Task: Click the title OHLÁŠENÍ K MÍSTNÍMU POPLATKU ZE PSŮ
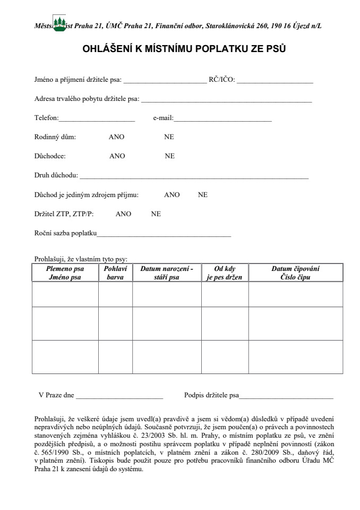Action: (x=180, y=49)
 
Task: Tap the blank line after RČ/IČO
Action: (x=275, y=81)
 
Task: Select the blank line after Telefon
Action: (x=97, y=118)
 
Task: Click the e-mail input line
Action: (x=223, y=118)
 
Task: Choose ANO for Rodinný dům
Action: (x=116, y=137)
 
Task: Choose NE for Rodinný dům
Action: (x=169, y=137)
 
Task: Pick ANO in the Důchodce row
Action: (x=117, y=156)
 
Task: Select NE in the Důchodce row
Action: (x=169, y=156)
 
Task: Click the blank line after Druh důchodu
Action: (x=194, y=176)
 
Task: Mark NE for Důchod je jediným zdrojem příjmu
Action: (x=203, y=195)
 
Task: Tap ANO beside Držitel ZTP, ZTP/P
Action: (x=123, y=214)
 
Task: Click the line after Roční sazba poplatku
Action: (x=164, y=233)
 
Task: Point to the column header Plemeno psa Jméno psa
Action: (x=65, y=273)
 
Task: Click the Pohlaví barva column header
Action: (x=115, y=273)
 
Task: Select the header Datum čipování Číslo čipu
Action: (x=295, y=273)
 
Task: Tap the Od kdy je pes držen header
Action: (x=225, y=273)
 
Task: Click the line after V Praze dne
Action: (x=119, y=396)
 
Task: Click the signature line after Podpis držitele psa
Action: (x=287, y=396)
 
